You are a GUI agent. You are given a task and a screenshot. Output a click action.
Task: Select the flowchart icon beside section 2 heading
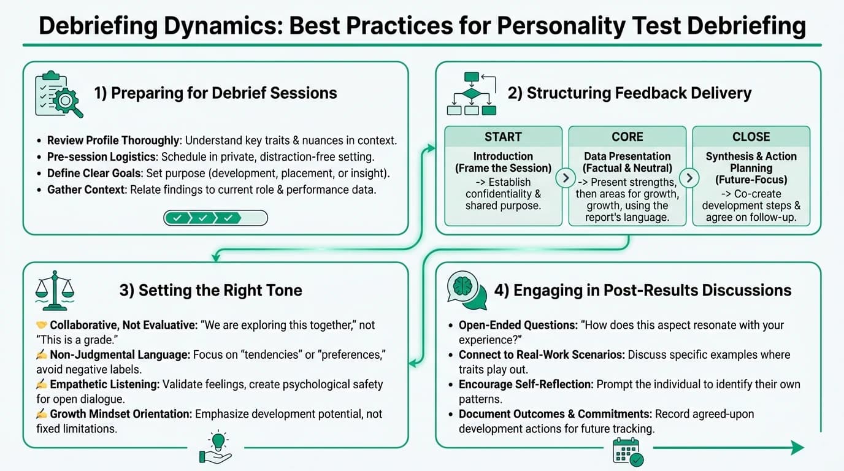click(x=471, y=93)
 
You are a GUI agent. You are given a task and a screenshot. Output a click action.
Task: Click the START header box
click(x=503, y=136)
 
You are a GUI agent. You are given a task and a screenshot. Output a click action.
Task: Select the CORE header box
click(x=627, y=136)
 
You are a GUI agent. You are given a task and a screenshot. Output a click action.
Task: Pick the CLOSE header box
click(x=751, y=136)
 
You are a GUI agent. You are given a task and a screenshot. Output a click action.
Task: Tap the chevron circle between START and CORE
click(x=565, y=178)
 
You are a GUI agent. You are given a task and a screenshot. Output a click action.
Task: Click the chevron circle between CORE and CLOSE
click(x=689, y=178)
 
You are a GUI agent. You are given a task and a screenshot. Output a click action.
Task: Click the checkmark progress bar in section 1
click(x=215, y=218)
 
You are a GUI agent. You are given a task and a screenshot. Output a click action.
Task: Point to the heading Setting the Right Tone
click(x=210, y=290)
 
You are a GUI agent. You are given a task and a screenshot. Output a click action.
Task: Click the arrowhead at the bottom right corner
click(x=797, y=448)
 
